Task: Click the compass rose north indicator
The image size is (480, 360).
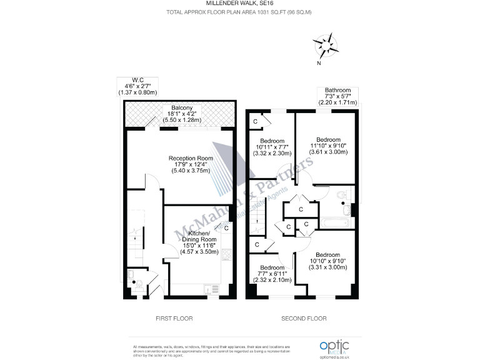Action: click(x=325, y=46)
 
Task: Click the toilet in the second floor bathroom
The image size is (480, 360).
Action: click(x=343, y=196)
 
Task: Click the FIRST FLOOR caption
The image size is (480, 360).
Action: click(x=174, y=319)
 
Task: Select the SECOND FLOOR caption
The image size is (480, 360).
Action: click(x=303, y=319)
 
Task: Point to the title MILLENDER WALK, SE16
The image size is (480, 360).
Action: click(x=239, y=4)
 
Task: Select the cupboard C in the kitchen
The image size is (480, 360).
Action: click(x=226, y=229)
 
